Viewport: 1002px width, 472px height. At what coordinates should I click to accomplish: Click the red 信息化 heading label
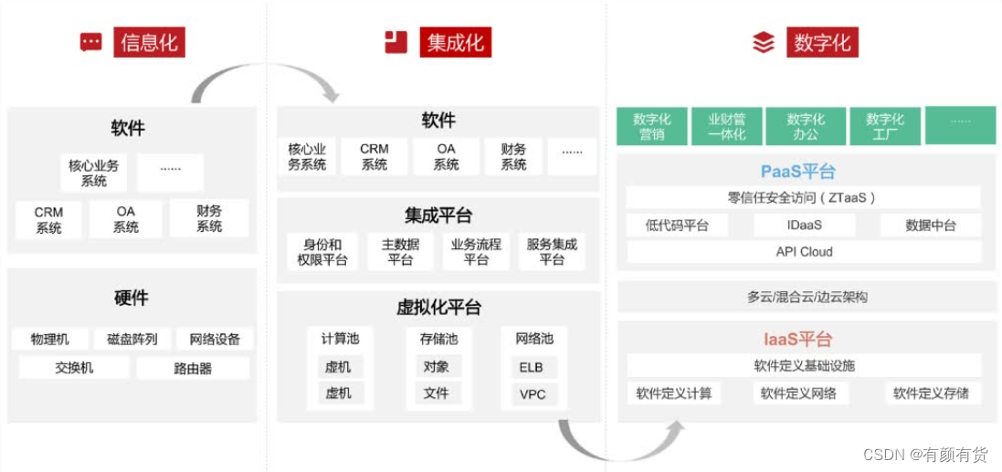(x=149, y=42)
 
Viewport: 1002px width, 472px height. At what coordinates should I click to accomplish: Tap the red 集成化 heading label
(x=455, y=42)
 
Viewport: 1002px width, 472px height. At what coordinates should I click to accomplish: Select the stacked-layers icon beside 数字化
(x=763, y=42)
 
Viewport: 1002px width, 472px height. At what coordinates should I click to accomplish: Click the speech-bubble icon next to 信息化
(x=91, y=42)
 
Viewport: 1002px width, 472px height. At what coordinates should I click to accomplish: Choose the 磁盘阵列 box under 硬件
(x=132, y=339)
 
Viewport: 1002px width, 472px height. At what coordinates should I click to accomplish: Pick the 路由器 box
(x=193, y=368)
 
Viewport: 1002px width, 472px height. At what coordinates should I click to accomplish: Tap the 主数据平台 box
(x=400, y=252)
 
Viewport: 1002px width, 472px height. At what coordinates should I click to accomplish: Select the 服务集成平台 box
(x=552, y=252)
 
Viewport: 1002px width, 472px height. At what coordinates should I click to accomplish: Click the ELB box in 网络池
(x=532, y=367)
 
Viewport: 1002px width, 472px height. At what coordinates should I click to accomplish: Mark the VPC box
(x=532, y=394)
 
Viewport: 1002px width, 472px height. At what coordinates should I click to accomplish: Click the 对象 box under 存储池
(x=437, y=367)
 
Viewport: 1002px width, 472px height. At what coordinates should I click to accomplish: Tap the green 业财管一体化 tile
(x=726, y=126)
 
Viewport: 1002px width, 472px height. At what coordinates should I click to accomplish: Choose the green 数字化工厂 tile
(x=885, y=126)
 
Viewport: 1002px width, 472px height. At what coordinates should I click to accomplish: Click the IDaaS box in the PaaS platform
(x=804, y=225)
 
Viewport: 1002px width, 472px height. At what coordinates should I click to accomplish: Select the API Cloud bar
(x=804, y=252)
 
